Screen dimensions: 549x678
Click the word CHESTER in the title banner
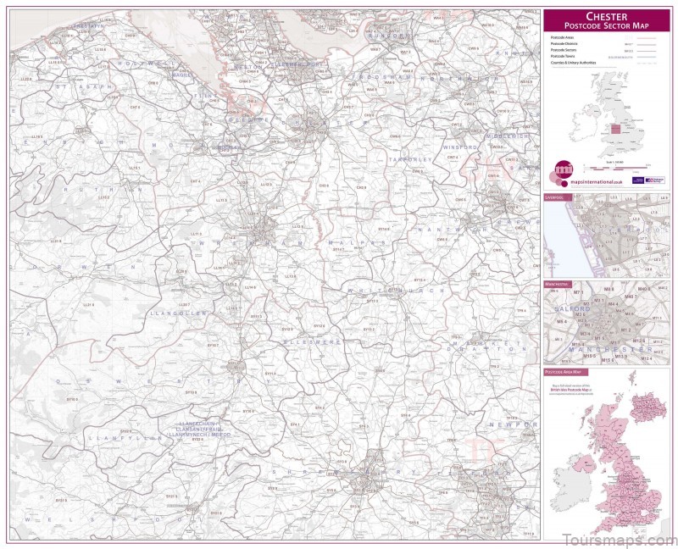click(607, 15)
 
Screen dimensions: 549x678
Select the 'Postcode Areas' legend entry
click(563, 38)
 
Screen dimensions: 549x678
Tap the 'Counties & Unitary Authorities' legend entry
click(574, 63)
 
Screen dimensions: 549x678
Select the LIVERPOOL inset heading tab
click(558, 197)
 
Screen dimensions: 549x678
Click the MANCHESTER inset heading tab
click(559, 284)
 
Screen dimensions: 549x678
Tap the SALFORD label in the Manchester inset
click(573, 310)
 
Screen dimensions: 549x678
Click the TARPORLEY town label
click(410, 159)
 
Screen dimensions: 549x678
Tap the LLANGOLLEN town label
click(178, 313)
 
